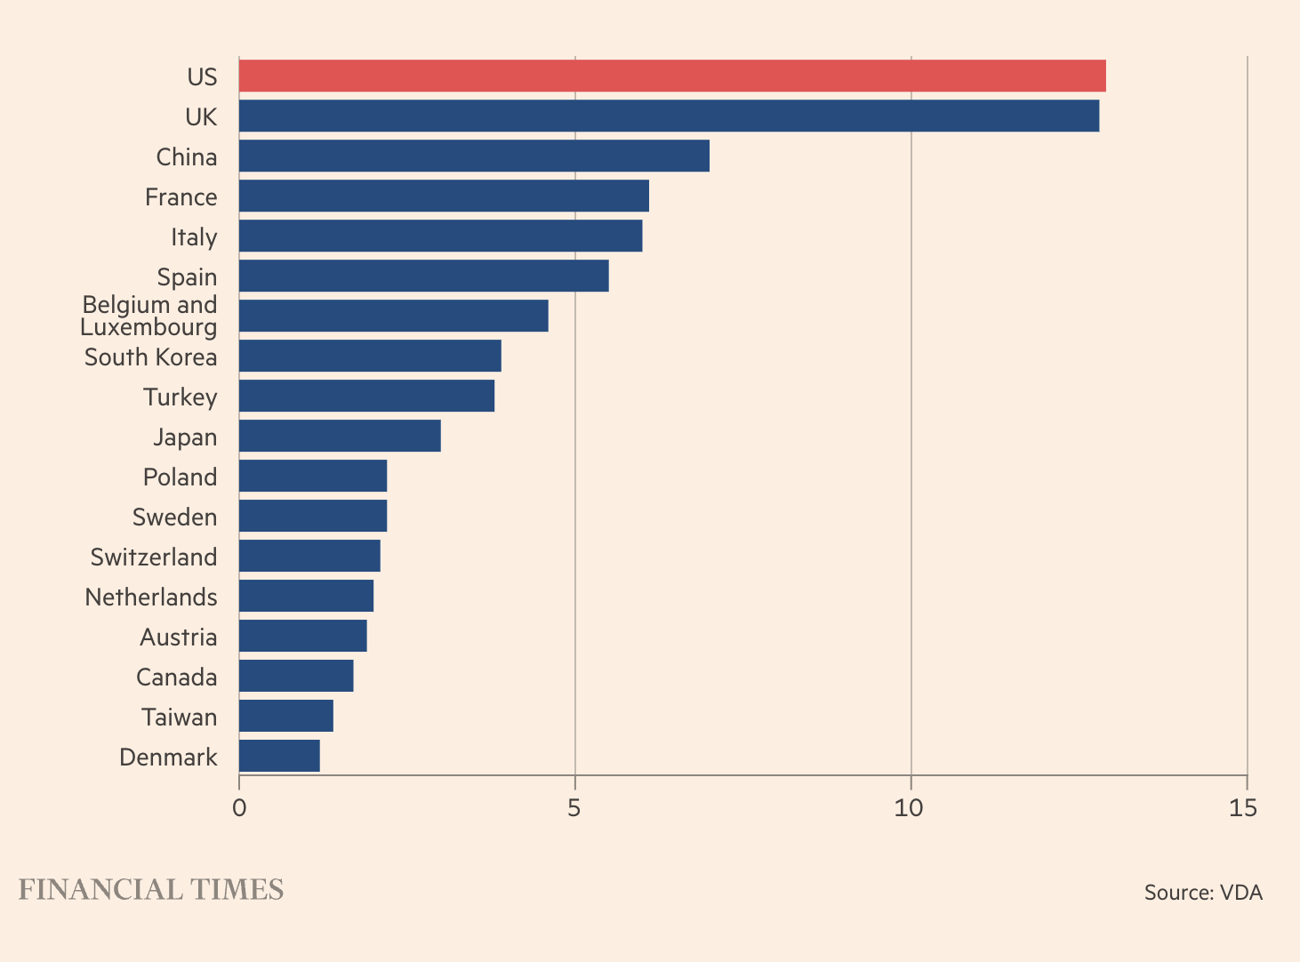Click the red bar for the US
coord(672,76)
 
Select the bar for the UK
coord(669,116)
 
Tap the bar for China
coord(474,156)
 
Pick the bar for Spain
coord(423,277)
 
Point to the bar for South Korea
coord(370,357)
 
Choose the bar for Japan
coord(340,437)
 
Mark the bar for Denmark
coord(279,757)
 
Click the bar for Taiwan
coord(285,717)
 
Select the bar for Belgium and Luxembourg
coord(393,317)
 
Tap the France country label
coord(181,196)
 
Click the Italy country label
coord(194,237)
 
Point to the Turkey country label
coord(181,397)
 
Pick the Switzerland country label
coord(154,557)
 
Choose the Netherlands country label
coord(151,597)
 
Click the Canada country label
coord(177,677)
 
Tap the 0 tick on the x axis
coord(239,808)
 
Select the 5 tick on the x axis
coord(574,808)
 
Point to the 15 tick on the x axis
coord(1243,808)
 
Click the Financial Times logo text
coord(151,890)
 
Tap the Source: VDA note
coord(1203,893)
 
